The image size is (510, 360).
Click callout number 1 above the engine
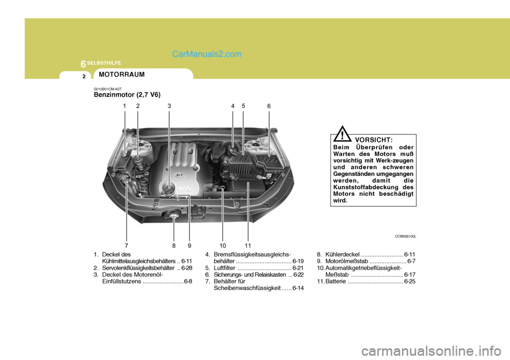pyautogui.click(x=124, y=106)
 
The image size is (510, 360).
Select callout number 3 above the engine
pyautogui.click(x=169, y=106)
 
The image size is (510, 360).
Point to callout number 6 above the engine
pyautogui.click(x=269, y=106)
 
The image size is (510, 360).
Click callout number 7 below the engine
pyautogui.click(x=126, y=246)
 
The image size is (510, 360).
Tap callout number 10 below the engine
pyautogui.click(x=222, y=246)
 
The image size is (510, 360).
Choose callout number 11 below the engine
pyautogui.click(x=248, y=246)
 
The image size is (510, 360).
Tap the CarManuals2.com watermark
pyautogui.click(x=207, y=54)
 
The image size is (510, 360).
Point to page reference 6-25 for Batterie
pyautogui.click(x=410, y=282)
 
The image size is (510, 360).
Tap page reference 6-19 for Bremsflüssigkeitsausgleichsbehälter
pyautogui.click(x=297, y=261)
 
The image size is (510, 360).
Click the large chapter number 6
pyautogui.click(x=83, y=64)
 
